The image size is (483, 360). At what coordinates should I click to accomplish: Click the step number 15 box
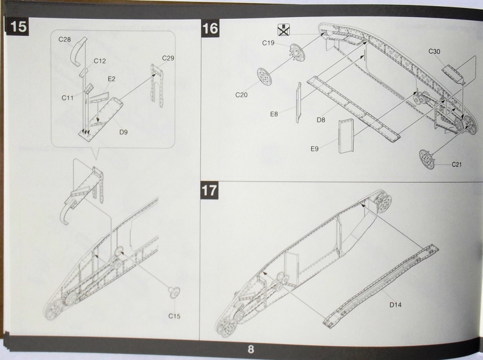tap(18, 26)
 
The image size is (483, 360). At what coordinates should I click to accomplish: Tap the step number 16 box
tap(210, 28)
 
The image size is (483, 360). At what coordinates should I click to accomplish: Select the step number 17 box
tap(209, 190)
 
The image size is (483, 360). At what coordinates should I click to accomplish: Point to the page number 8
tap(250, 350)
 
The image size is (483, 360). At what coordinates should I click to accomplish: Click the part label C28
tap(65, 40)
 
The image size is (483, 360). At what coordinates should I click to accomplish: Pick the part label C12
tap(100, 61)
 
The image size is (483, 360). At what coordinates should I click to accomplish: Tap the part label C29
tap(168, 58)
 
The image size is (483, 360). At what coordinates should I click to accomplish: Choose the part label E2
tap(111, 79)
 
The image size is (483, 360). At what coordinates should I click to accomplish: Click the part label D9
tap(123, 132)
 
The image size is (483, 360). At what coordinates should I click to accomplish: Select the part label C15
tap(174, 316)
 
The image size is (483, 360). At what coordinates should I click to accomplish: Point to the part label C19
tap(268, 43)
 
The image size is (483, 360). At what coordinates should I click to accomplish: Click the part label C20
tap(241, 95)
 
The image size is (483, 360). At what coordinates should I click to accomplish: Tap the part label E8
tap(274, 114)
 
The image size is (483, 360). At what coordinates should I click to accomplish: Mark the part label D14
tap(395, 305)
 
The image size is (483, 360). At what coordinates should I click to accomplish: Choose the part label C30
tap(434, 51)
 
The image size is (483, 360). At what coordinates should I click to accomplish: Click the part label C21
tap(457, 164)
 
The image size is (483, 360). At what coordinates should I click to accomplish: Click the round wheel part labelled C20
tap(265, 76)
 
